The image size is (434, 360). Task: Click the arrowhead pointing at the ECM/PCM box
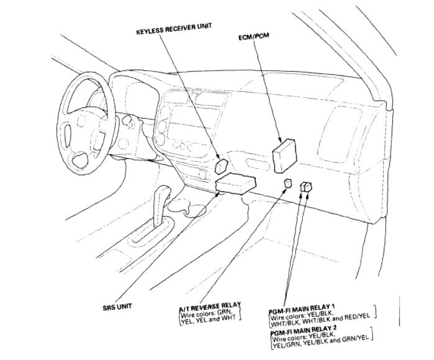[x=281, y=140]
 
